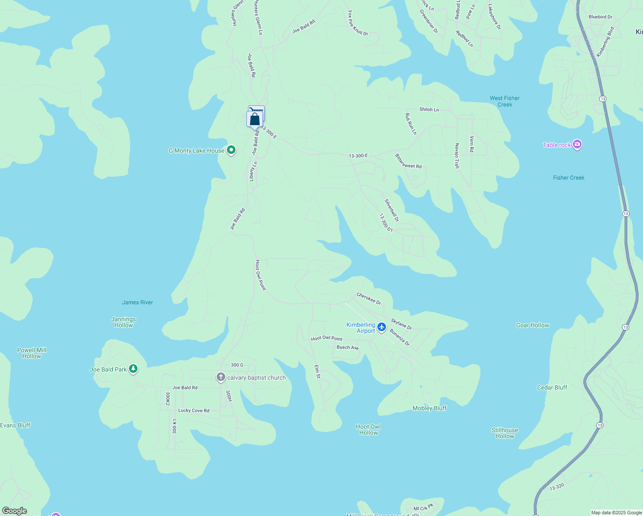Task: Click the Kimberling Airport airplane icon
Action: pos(381,328)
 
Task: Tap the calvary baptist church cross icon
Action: pos(221,378)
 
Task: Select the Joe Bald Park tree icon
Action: pos(133,369)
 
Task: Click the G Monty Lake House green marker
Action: pos(231,150)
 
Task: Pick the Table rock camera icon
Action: pos(577,144)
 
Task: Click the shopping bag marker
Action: pos(254,119)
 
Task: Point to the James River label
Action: pos(138,302)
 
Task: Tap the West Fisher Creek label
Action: pos(505,101)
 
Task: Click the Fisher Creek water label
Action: pos(569,178)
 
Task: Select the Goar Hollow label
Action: pos(533,325)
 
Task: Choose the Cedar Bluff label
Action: pos(552,387)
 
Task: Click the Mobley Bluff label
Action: pos(429,408)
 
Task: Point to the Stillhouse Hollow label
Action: pos(505,433)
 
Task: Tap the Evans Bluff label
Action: pos(15,425)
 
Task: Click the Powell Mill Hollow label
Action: pos(32,353)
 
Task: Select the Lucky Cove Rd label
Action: pos(194,411)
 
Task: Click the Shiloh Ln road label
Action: pos(429,110)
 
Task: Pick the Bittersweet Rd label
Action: pos(408,161)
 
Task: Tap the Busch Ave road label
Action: pos(348,347)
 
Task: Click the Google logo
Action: pos(15,511)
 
